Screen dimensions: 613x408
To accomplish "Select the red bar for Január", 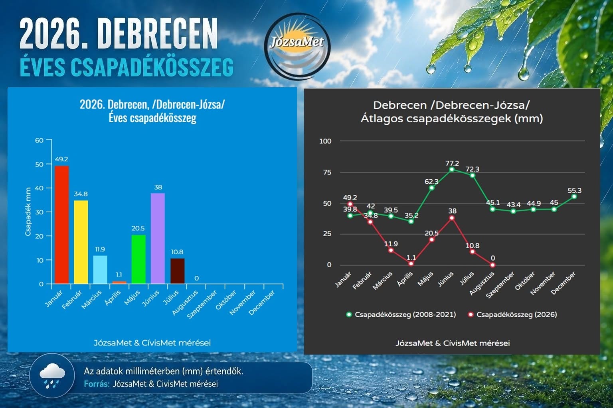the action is click(x=61, y=225).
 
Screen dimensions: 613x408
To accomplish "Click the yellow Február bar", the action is click(x=81, y=242).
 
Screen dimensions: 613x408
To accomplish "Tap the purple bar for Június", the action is click(x=158, y=238).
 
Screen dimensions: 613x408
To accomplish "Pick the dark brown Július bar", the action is click(x=177, y=271).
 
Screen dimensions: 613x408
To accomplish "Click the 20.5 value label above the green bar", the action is click(x=138, y=228).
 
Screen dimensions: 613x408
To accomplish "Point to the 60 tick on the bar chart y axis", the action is click(x=39, y=140).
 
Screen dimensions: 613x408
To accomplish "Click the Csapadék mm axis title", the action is click(x=28, y=212).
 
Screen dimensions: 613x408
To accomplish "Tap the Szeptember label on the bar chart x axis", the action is click(x=202, y=304).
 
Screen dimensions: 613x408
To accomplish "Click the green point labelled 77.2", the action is click(x=452, y=169).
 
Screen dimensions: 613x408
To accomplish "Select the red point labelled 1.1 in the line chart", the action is click(x=411, y=264).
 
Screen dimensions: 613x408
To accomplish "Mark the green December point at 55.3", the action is click(x=574, y=196).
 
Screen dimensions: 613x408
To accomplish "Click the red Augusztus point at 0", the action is click(x=492, y=265).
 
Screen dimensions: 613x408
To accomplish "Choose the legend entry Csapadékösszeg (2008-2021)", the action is click(x=401, y=314).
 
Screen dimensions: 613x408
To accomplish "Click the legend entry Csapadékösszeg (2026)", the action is click(x=512, y=314).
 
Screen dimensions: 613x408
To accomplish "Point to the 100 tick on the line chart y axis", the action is click(x=325, y=141).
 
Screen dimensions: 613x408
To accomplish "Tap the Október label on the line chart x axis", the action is click(x=525, y=280).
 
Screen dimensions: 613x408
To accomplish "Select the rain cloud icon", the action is click(x=52, y=375).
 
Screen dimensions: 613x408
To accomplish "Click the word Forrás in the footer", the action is click(x=97, y=384).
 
